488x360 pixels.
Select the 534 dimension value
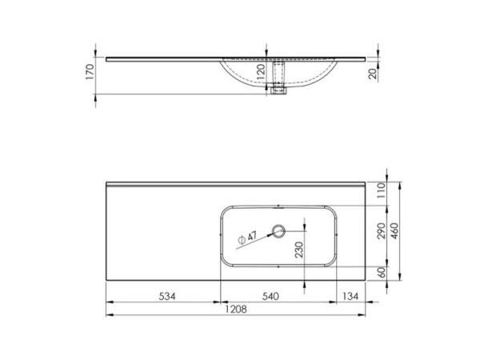click(164, 295)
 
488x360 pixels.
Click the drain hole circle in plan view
click(278, 231)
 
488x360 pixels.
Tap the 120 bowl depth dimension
click(260, 73)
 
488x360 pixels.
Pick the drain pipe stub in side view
click(278, 89)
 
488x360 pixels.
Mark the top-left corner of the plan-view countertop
click(106, 182)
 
